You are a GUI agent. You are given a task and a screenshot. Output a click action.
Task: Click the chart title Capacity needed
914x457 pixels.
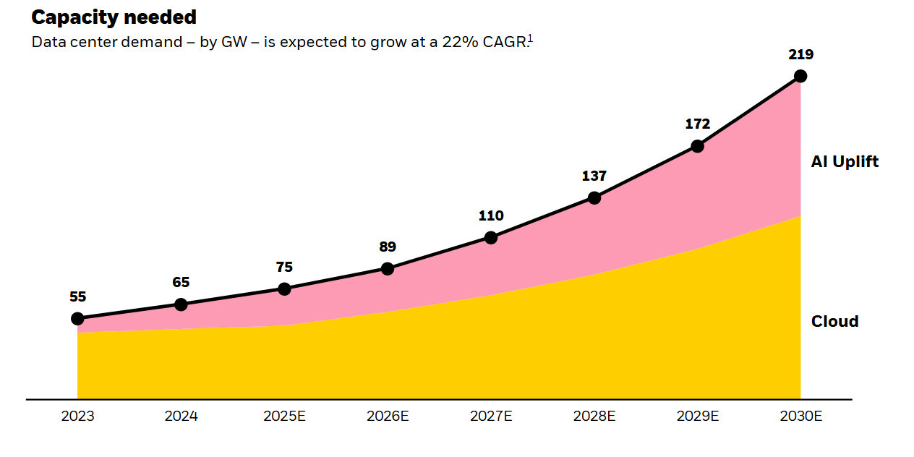point(114,17)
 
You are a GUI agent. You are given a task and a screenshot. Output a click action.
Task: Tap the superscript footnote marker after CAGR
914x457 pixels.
point(529,38)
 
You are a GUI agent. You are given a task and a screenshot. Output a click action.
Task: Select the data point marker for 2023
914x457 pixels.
point(77,318)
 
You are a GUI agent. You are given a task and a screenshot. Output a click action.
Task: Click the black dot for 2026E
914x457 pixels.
point(388,269)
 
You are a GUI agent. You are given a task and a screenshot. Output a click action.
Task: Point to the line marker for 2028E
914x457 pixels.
point(594,197)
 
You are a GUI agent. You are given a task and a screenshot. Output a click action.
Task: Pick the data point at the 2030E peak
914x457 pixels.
point(800,76)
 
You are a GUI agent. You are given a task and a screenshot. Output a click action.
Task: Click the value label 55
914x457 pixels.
point(77,296)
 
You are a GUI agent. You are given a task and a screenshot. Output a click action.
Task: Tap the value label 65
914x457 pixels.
point(181,283)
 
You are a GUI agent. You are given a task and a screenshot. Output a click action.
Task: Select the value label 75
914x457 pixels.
point(284,267)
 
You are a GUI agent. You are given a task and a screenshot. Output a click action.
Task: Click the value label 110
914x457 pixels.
point(491,215)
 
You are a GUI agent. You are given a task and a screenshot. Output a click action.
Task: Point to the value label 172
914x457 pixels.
point(698,124)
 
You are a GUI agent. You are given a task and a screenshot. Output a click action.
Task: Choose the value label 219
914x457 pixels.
point(800,54)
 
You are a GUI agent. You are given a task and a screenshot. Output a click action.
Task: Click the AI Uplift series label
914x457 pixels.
point(845,162)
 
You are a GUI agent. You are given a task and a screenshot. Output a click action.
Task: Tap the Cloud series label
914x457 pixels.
point(834,322)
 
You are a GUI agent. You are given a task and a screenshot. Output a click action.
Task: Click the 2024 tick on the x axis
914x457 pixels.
point(181,417)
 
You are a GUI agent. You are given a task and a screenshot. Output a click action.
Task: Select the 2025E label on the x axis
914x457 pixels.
point(284,417)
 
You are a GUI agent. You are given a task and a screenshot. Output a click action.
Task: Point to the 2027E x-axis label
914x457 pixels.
point(491,417)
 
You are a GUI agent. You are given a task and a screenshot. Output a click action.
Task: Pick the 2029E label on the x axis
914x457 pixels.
point(698,417)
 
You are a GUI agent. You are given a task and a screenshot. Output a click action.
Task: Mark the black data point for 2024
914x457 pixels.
point(181,304)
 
